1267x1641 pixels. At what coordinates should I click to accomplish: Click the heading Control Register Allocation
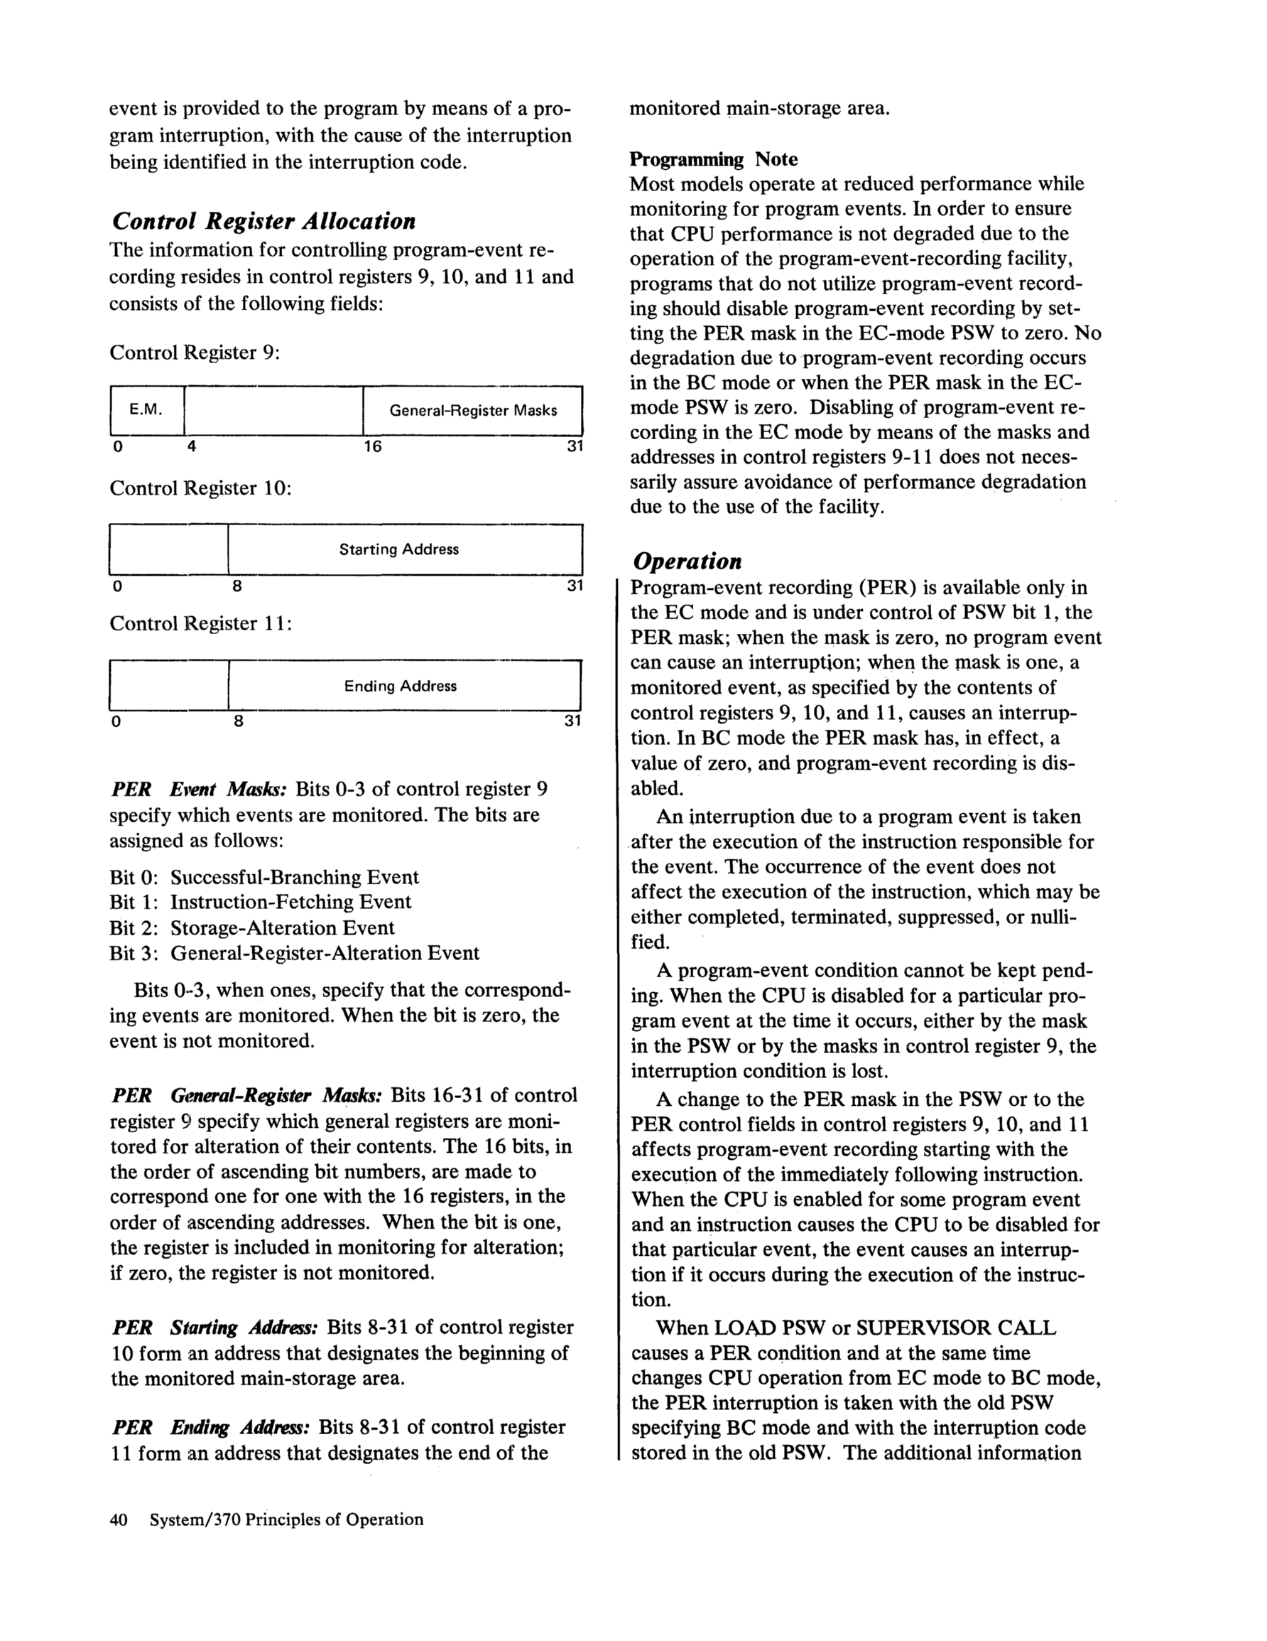coord(263,222)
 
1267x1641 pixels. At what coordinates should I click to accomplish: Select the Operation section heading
coord(687,561)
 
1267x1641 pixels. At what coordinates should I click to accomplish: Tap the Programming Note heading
coord(713,159)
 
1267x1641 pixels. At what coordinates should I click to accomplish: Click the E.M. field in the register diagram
coord(146,410)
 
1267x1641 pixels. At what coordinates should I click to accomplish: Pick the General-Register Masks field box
coord(472,410)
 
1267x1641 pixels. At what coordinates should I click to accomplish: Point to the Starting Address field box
coord(405,549)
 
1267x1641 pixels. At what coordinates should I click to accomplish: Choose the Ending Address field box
coord(405,686)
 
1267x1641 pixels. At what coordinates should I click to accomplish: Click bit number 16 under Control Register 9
coord(373,447)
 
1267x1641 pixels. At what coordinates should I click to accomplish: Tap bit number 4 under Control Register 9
coord(192,447)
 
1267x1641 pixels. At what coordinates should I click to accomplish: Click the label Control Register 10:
coord(200,488)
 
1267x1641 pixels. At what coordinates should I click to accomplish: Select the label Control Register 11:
coord(200,624)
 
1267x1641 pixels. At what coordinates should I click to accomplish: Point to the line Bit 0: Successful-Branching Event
coord(264,878)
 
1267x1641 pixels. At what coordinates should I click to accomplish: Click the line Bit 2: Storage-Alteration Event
coord(251,928)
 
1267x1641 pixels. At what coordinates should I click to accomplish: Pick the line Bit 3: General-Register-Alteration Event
coord(295,954)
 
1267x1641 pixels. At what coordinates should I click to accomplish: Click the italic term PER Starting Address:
coord(214,1328)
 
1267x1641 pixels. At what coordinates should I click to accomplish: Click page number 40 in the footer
coord(119,1519)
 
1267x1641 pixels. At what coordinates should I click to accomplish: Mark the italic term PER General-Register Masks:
coord(247,1095)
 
